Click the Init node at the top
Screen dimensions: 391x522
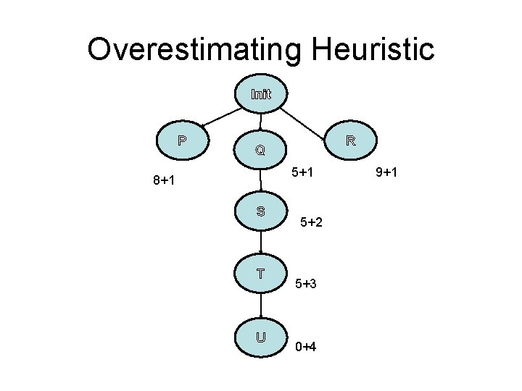(x=261, y=94)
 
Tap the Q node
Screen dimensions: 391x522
(x=260, y=151)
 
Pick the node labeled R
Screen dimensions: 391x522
(x=349, y=140)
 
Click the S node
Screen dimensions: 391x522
(x=260, y=211)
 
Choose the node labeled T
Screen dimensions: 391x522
(x=260, y=274)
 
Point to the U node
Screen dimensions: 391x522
(x=260, y=337)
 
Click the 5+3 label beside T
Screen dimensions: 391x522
(x=306, y=285)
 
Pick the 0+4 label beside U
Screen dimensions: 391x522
(x=306, y=347)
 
